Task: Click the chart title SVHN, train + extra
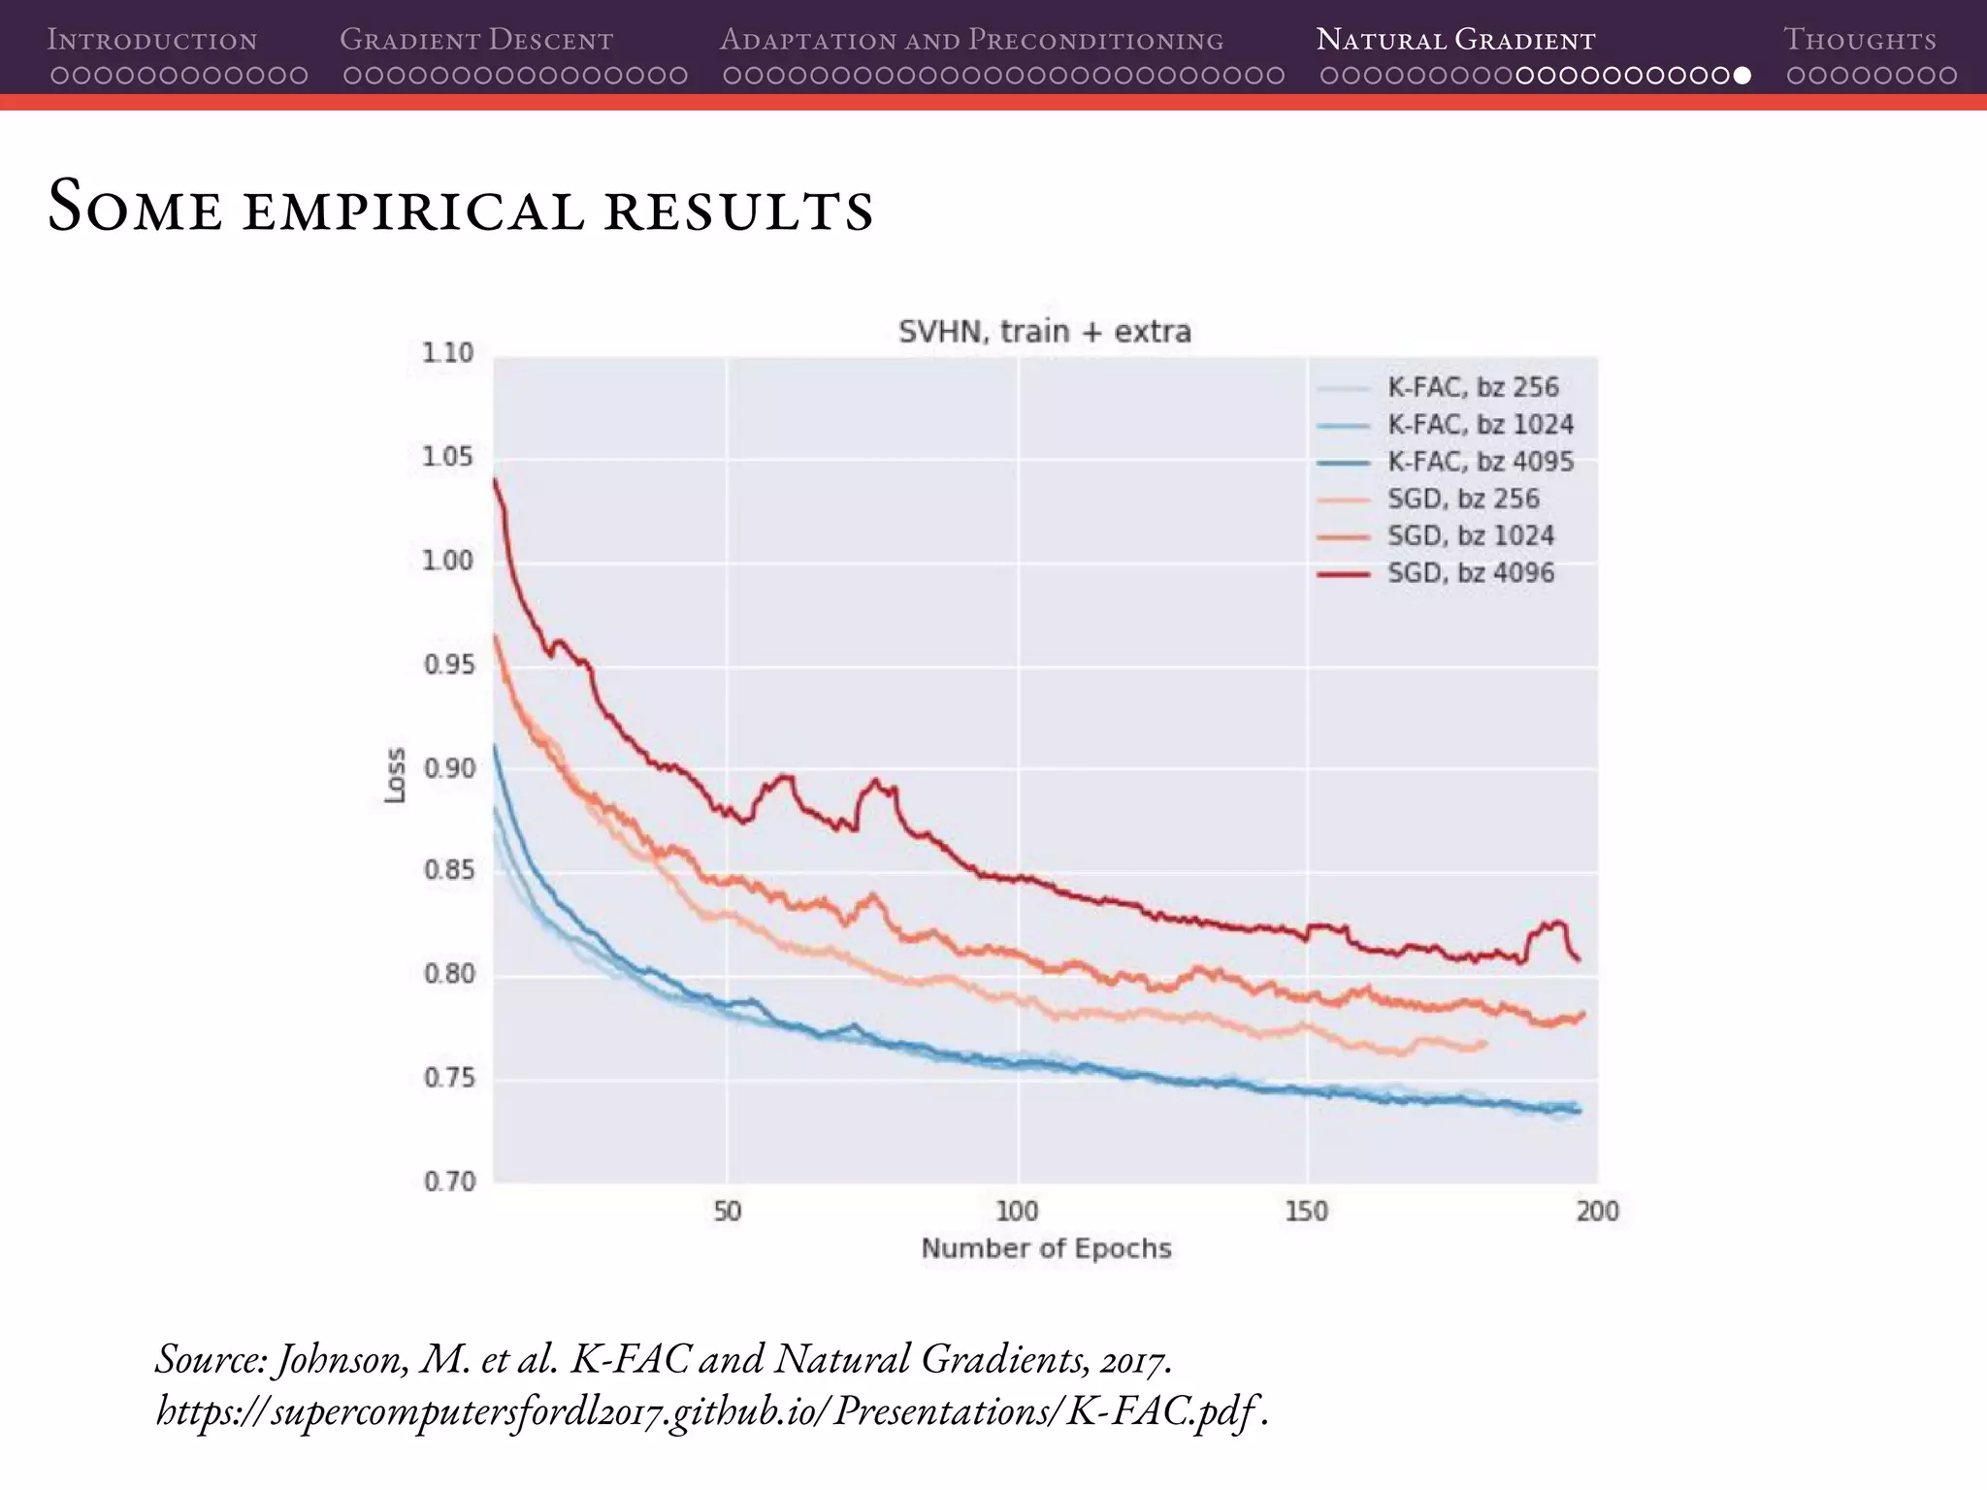coord(1044,332)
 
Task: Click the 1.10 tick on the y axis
coord(447,353)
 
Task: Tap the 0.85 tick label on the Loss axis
coord(449,870)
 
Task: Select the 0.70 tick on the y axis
coord(449,1182)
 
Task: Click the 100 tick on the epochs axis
coord(1017,1211)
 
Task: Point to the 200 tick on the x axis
coord(1597,1211)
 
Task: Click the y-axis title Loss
coord(395,775)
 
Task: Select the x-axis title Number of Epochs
coord(1046,1248)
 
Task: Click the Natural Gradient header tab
coord(1455,40)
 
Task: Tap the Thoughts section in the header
coord(1859,40)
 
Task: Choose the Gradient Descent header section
coord(476,40)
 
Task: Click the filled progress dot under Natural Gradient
coord(1742,76)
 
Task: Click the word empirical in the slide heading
coord(414,210)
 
